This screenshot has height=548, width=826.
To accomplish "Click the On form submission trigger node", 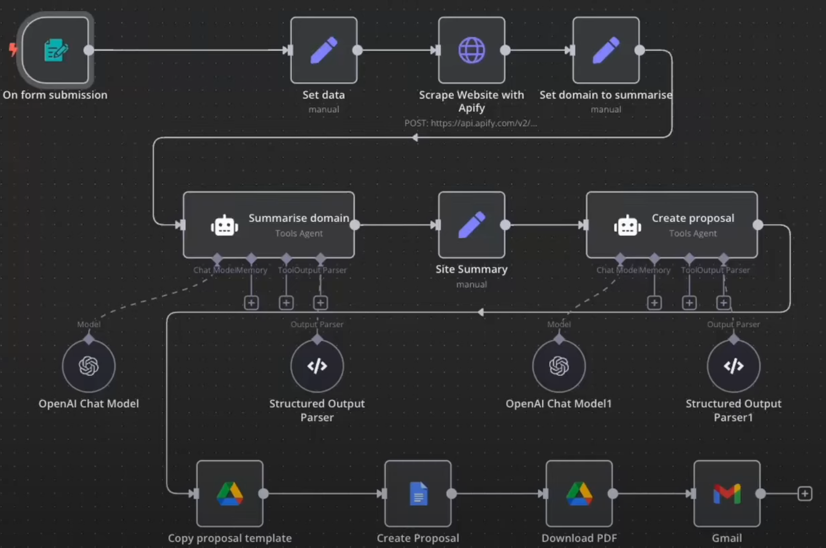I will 56,50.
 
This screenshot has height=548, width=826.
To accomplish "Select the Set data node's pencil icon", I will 324,50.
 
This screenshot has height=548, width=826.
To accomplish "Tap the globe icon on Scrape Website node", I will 471,50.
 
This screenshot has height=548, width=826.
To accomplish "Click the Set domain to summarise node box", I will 606,50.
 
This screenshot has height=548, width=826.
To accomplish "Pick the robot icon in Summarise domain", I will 224,225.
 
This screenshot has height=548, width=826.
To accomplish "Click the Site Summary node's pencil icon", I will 471,225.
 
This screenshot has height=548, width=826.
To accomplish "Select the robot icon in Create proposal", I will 627,225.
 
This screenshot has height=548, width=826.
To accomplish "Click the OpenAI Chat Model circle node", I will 89,366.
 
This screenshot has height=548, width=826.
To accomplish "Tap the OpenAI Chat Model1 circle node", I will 559,366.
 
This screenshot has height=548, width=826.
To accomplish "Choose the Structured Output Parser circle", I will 317,366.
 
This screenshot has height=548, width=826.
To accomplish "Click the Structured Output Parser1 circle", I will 733,366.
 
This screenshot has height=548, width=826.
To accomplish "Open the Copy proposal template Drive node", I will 230,494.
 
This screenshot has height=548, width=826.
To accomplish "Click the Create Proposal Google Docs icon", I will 418,494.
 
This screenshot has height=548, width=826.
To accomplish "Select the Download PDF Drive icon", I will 579,494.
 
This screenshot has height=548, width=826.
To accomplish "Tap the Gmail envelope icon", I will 727,494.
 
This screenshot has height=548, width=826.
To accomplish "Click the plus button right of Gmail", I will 805,494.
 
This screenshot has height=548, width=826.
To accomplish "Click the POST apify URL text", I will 470,123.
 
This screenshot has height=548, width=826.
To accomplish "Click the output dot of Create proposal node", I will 758,225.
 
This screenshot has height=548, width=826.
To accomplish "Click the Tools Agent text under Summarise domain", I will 299,233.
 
